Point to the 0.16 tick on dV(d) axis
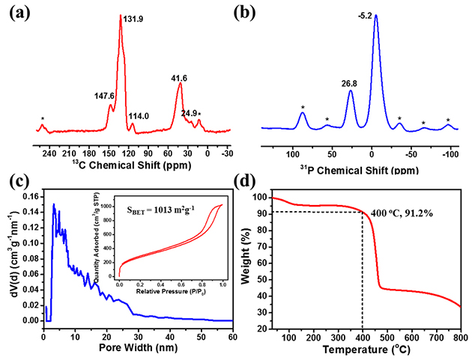coord(31,196)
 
